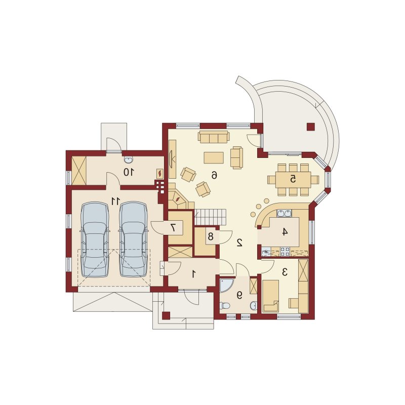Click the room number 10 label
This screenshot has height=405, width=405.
(x=129, y=172)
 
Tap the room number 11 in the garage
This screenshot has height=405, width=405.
(x=116, y=200)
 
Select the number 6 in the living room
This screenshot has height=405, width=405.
(x=214, y=175)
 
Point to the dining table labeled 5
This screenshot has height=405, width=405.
(x=293, y=179)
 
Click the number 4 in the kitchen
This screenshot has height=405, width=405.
(x=285, y=232)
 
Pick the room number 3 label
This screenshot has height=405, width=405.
(x=285, y=272)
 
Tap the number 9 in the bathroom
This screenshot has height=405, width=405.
(x=239, y=295)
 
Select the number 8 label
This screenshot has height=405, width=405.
(x=211, y=236)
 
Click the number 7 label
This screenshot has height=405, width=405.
(x=173, y=227)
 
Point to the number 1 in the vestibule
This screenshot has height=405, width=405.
(x=193, y=274)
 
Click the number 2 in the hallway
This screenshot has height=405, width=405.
(x=239, y=242)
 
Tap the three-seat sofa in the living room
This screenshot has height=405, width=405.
(x=214, y=137)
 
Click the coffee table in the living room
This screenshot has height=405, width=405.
(x=214, y=157)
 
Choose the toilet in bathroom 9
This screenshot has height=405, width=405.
(x=224, y=306)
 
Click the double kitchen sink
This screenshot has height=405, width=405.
(x=285, y=213)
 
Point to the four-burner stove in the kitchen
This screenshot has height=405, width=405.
(x=285, y=252)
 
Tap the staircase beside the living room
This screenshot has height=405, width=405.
(x=210, y=217)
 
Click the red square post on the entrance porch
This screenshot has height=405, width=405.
(x=166, y=315)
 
